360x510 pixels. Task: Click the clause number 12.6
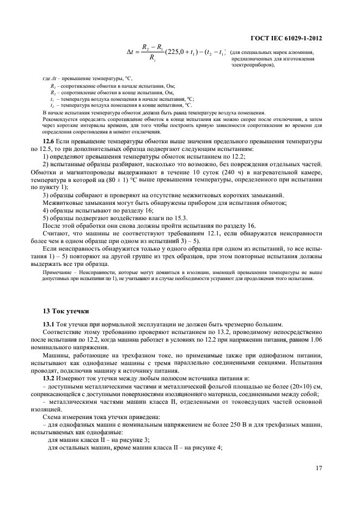coord(50,141)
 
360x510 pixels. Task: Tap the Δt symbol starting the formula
coord(131,53)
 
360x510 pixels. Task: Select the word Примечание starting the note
coord(56,271)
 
